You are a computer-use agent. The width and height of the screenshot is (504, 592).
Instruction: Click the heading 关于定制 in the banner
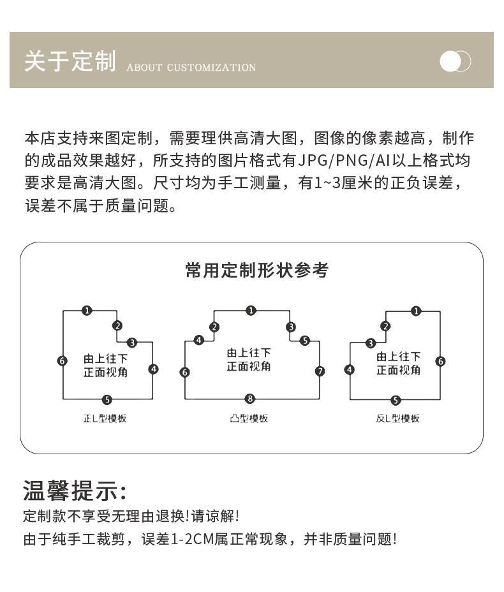pos(70,61)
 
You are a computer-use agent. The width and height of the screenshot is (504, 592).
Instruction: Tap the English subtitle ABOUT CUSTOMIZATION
pos(191,68)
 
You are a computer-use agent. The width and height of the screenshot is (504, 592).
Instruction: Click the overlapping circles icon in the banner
pos(456,61)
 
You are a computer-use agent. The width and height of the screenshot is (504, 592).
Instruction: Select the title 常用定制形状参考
pos(257,270)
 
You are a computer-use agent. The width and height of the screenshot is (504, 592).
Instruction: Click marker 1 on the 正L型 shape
pos(87,311)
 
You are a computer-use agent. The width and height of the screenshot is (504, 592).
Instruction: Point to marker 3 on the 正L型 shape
pos(132,343)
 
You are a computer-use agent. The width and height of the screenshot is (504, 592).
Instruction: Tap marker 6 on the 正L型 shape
pos(63,360)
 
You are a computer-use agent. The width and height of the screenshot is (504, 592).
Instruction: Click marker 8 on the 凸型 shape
pos(250,399)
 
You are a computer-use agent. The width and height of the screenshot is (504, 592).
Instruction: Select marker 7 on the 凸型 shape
pos(320,371)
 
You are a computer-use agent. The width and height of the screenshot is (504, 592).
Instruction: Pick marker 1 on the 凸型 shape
pos(251,311)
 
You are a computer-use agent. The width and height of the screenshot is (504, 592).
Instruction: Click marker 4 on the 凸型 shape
pos(199,340)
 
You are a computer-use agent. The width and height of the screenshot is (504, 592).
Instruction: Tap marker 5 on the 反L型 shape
pos(396,400)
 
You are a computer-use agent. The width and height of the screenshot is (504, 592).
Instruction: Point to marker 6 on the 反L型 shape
pos(440,361)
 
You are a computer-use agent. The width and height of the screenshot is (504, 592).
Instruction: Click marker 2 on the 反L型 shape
pos(385,327)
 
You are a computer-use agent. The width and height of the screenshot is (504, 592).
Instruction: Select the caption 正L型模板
pos(105,418)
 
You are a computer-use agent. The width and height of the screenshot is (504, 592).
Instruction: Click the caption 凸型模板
pos(249,418)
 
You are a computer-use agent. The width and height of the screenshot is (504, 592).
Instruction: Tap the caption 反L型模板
pos(398,418)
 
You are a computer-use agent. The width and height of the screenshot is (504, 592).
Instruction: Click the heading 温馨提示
pos(75,491)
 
